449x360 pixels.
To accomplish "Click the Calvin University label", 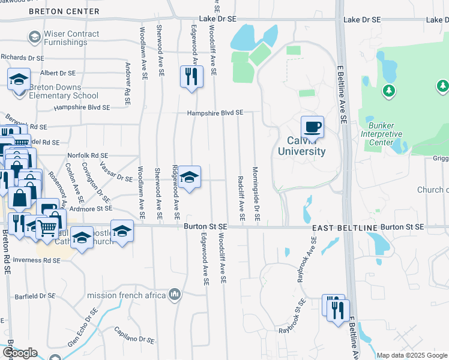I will click(x=301, y=146).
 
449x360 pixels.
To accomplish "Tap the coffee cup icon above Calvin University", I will click(x=312, y=127).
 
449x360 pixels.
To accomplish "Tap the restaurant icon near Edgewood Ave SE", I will click(x=191, y=76).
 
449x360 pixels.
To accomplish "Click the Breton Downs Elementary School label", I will click(x=64, y=91).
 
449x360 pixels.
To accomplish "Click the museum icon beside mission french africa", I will click(x=175, y=294).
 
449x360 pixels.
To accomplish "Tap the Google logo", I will click(x=19, y=353).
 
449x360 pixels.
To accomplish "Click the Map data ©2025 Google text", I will click(x=412, y=355).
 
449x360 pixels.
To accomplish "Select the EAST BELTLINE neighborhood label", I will click(x=344, y=228).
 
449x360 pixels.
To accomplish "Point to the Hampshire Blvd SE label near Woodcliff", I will click(x=214, y=112).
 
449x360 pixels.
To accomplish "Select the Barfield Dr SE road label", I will click(x=35, y=296).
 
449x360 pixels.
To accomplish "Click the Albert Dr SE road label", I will click(x=58, y=73).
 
